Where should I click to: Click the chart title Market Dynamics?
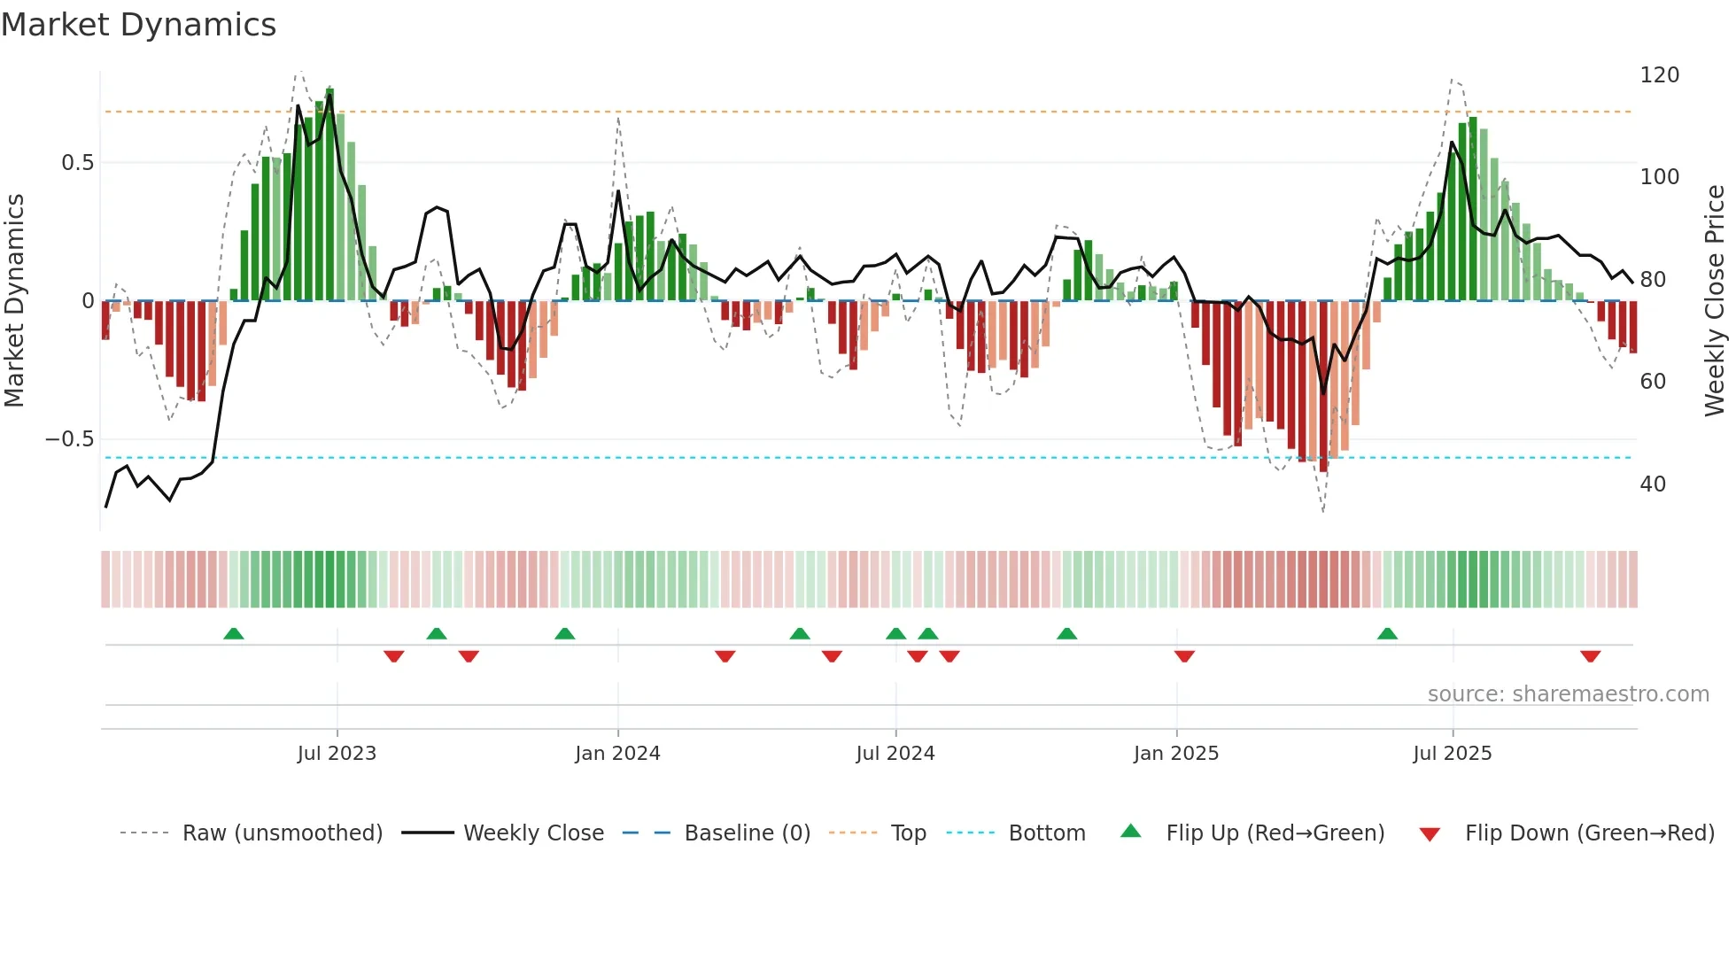pyautogui.click(x=138, y=25)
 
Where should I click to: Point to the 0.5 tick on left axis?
pyautogui.click(x=77, y=163)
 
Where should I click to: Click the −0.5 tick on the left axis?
pyautogui.click(x=70, y=439)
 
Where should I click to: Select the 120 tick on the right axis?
pyautogui.click(x=1659, y=75)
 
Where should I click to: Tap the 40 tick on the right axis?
pyautogui.click(x=1653, y=484)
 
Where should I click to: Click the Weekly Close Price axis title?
pyautogui.click(x=1715, y=301)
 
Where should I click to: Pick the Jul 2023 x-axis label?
pyautogui.click(x=337, y=754)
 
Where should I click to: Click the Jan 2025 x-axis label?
pyautogui.click(x=1175, y=754)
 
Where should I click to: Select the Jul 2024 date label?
pyautogui.click(x=895, y=754)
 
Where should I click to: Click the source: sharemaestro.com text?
pyautogui.click(x=1568, y=694)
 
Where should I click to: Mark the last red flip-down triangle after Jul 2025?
pyautogui.click(x=1590, y=656)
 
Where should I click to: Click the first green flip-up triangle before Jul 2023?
pyautogui.click(x=234, y=633)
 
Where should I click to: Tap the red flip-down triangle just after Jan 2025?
pyautogui.click(x=1184, y=656)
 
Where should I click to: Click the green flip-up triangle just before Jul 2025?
pyautogui.click(x=1387, y=633)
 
